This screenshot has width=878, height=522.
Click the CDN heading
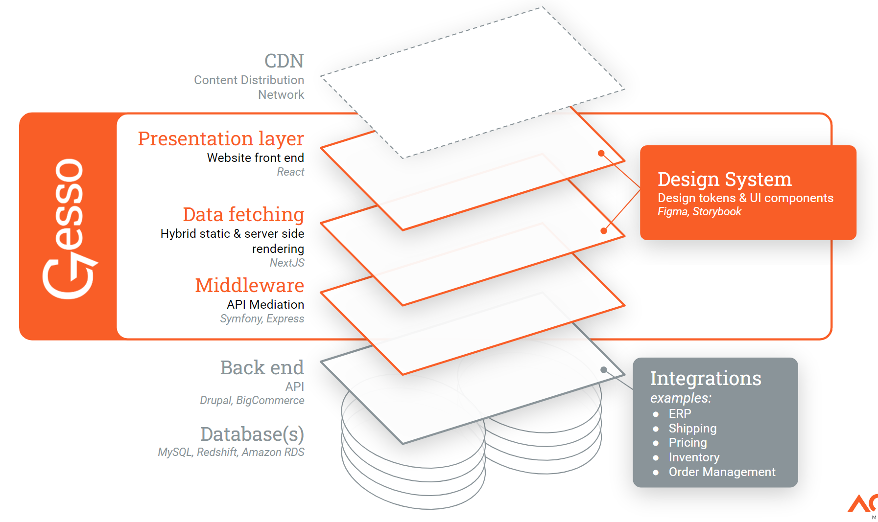coord(284,61)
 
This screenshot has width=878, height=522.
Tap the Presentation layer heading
coord(221,139)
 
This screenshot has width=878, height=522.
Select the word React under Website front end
coord(290,172)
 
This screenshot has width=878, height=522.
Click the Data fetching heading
coord(243,215)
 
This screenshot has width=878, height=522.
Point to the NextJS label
coord(287,263)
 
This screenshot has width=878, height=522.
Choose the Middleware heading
coord(249,286)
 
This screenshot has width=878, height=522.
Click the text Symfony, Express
coord(262,319)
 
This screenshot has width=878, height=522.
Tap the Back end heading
coord(262,368)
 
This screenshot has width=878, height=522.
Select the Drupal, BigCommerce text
coord(252,401)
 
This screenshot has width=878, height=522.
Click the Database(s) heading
coord(252,434)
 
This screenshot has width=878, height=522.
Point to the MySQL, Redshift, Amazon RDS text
coord(231,453)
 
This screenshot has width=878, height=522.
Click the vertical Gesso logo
coord(69,227)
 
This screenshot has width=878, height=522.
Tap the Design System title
coord(724,180)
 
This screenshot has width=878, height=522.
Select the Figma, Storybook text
coord(699,212)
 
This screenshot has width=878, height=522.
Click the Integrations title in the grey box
coord(705,379)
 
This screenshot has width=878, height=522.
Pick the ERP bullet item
coord(680,414)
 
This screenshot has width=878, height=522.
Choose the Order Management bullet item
coord(722,472)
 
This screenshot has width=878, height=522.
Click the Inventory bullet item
coord(694,457)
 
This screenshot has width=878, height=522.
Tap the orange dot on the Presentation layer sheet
coord(601,153)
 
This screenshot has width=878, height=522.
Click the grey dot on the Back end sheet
coord(604,370)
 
